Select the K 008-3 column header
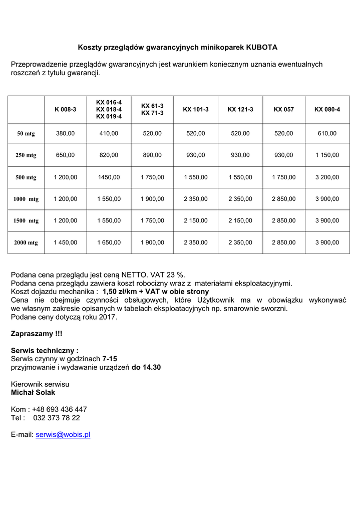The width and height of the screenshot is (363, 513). pyautogui.click(x=65, y=109)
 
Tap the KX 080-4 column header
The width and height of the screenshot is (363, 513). pyautogui.click(x=327, y=109)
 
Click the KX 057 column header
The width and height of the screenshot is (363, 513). pyautogui.click(x=284, y=109)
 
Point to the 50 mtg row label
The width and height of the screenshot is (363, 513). pyautogui.click(x=26, y=134)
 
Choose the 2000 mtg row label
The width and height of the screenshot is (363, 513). pyautogui.click(x=26, y=243)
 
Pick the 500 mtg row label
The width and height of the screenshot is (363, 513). pyautogui.click(x=26, y=177)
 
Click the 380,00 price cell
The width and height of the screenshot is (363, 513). pyautogui.click(x=65, y=134)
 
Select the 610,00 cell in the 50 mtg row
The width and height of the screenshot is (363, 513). pyautogui.click(x=327, y=134)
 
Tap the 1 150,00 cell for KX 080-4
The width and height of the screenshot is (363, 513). pyautogui.click(x=327, y=155)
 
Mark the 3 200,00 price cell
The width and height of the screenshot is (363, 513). pyautogui.click(x=327, y=177)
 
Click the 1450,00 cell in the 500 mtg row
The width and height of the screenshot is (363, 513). pyautogui.click(x=109, y=177)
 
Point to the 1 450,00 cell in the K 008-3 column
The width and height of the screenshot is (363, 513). pyautogui.click(x=65, y=242)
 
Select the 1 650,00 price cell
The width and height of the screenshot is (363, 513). pyautogui.click(x=109, y=242)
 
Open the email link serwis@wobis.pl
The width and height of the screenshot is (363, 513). pyautogui.click(x=63, y=435)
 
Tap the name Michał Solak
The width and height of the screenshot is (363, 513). pyautogui.click(x=33, y=392)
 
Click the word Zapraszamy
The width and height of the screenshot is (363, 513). pyautogui.click(x=31, y=334)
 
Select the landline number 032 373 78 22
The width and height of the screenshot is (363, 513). pyautogui.click(x=57, y=418)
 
